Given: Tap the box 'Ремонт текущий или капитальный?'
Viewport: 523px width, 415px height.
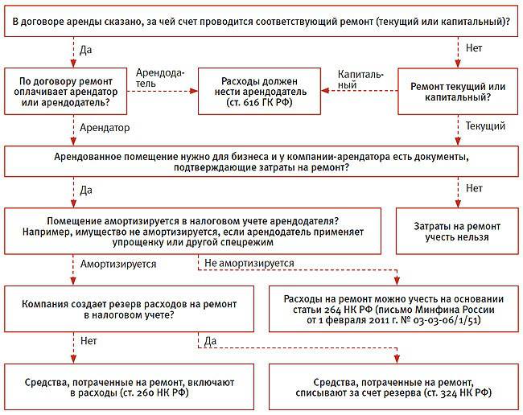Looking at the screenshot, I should click(458, 90).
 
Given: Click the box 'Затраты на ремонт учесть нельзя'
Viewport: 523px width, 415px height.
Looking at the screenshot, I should click(458, 232).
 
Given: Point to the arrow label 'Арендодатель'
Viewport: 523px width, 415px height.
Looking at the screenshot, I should click(161, 78).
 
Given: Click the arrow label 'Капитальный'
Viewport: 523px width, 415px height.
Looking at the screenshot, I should click(361, 78).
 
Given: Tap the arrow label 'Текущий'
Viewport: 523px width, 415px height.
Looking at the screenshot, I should click(485, 127).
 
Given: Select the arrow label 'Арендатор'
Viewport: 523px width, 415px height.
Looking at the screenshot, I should click(105, 127).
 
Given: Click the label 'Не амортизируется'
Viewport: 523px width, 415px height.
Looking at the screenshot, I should click(249, 263).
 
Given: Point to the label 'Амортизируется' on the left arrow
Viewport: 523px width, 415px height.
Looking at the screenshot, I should click(113, 263).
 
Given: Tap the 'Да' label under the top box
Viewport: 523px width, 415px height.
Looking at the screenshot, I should click(86, 50).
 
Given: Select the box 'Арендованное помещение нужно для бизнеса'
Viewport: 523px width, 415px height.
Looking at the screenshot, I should click(261, 161).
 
